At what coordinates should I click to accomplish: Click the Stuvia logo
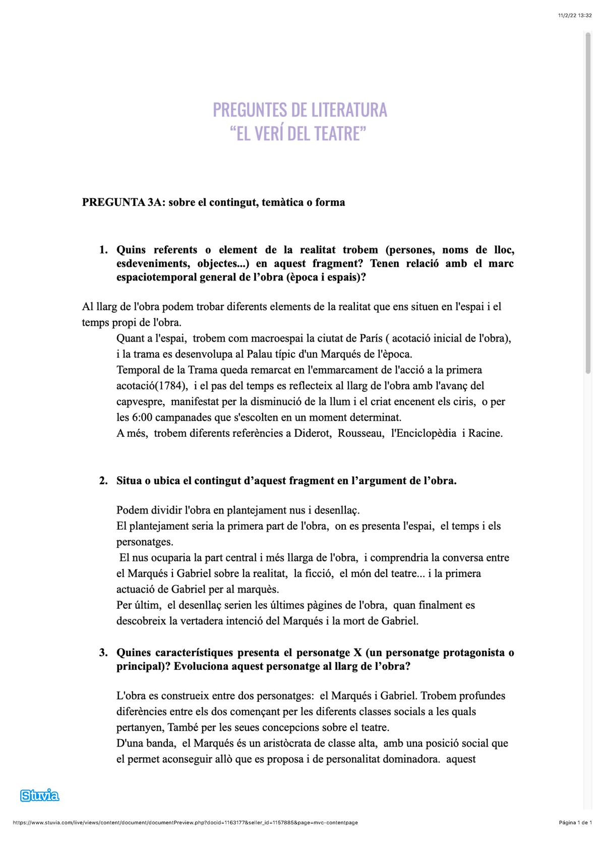click(39, 796)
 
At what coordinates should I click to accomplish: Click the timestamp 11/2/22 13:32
click(575, 16)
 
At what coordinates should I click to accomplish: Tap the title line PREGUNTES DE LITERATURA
click(299, 110)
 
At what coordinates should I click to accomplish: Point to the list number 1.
click(103, 250)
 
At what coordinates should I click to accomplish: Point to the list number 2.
click(103, 481)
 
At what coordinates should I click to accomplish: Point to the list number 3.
click(103, 653)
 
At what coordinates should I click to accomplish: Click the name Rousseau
click(361, 433)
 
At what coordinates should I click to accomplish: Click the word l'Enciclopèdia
click(423, 433)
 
